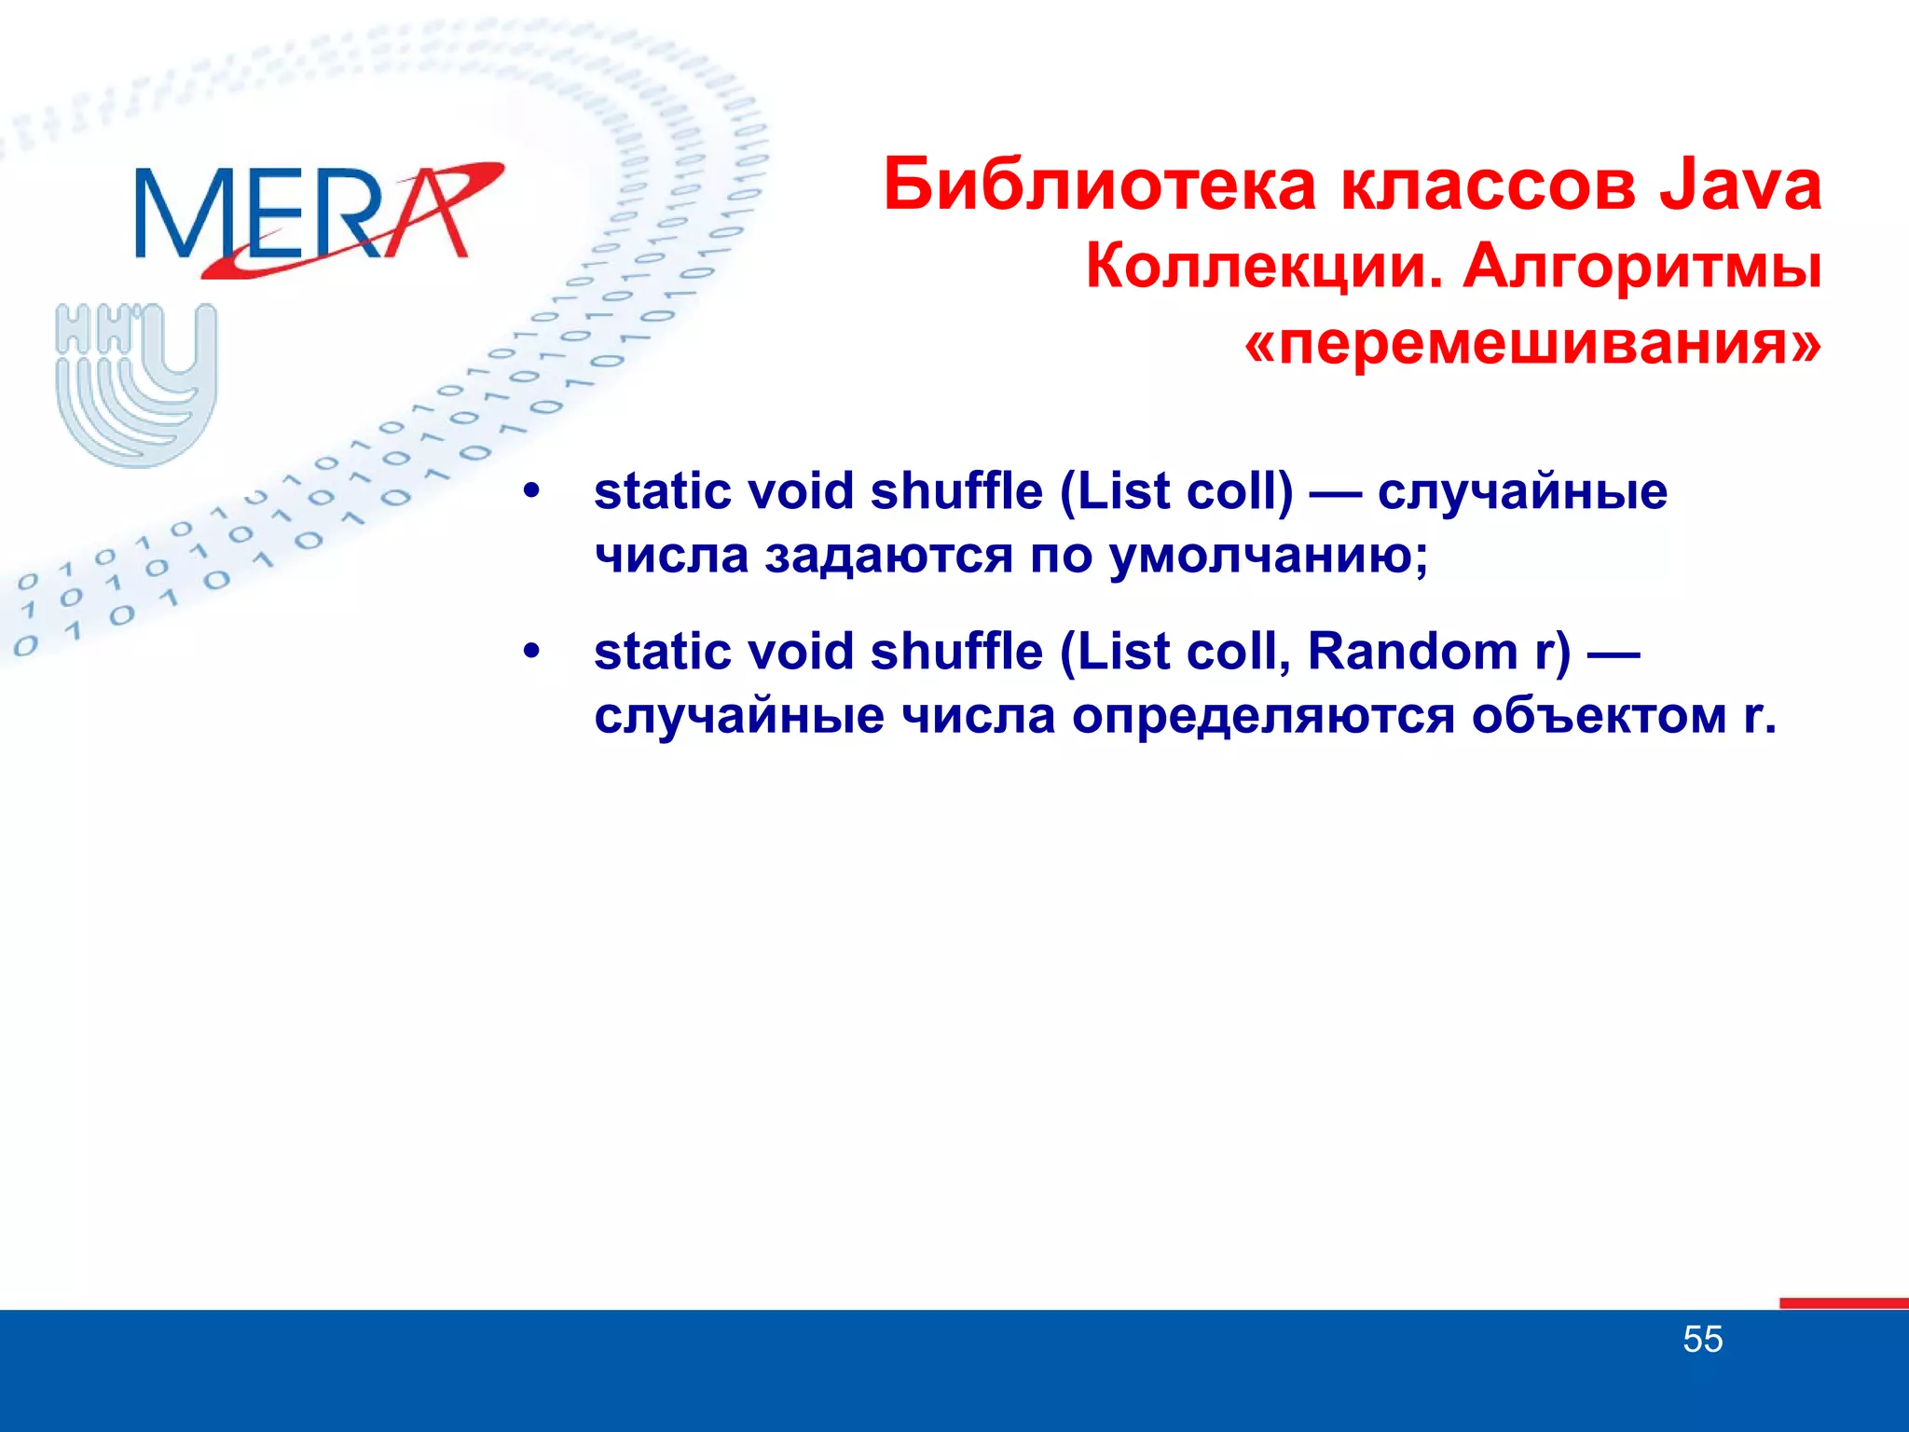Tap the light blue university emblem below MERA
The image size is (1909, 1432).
point(136,382)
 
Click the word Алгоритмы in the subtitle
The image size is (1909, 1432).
point(1641,268)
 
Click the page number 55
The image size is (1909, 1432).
point(1702,1340)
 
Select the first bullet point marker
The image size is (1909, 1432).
point(532,491)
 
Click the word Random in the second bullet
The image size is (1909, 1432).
point(1412,652)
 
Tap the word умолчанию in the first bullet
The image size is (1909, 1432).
point(1268,557)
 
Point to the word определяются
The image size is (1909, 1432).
point(1262,717)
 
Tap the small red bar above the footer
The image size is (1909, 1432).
point(1843,1303)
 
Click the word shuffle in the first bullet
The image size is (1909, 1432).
point(956,491)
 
